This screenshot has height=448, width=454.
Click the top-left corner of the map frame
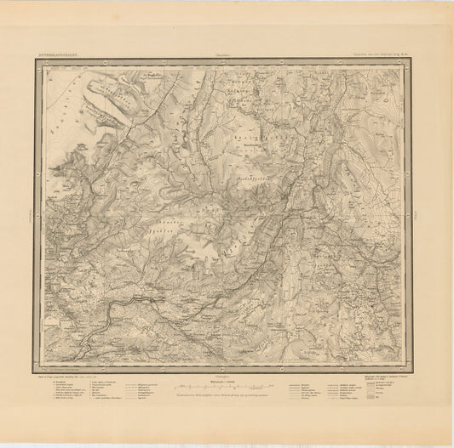[x=35, y=60]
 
